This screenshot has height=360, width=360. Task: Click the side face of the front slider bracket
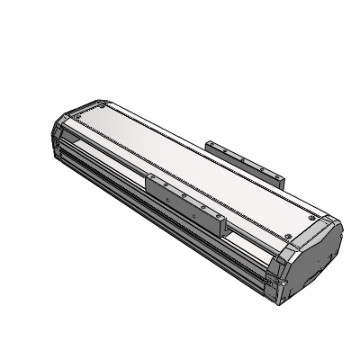184,202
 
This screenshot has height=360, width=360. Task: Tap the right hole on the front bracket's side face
202,211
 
